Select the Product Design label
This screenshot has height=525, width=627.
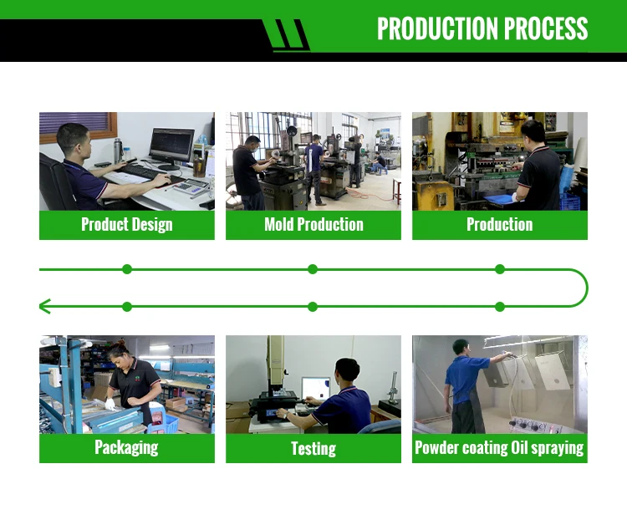127,224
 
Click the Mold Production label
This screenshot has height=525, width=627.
313,224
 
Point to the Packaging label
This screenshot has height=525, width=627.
127,447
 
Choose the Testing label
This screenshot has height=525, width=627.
313,449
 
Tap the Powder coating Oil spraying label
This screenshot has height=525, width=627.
500,447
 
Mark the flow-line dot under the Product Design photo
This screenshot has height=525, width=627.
127,269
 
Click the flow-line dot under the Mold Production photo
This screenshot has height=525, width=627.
313,269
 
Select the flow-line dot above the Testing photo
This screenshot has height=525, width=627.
313,307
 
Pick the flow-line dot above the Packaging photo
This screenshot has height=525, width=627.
127,307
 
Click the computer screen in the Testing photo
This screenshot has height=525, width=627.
316,390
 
